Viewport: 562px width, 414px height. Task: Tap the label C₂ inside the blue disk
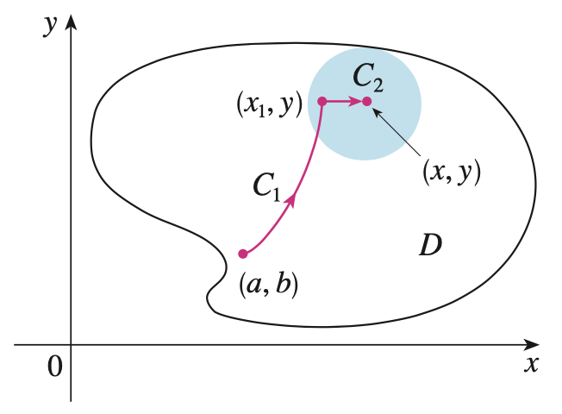pos(368,79)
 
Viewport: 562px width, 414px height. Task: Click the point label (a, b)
pos(269,285)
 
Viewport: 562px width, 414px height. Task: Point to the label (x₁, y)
pos(268,105)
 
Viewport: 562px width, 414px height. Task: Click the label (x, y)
pos(451,172)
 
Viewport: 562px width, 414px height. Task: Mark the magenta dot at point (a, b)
pos(243,254)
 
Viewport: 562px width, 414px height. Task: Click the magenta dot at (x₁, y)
pos(322,101)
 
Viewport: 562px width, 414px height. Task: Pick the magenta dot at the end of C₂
pos(366,102)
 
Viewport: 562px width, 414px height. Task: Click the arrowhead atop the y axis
pos(72,20)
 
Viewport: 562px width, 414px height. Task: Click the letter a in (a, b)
pos(256,285)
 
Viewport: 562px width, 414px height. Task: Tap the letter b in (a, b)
pos(282,285)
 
